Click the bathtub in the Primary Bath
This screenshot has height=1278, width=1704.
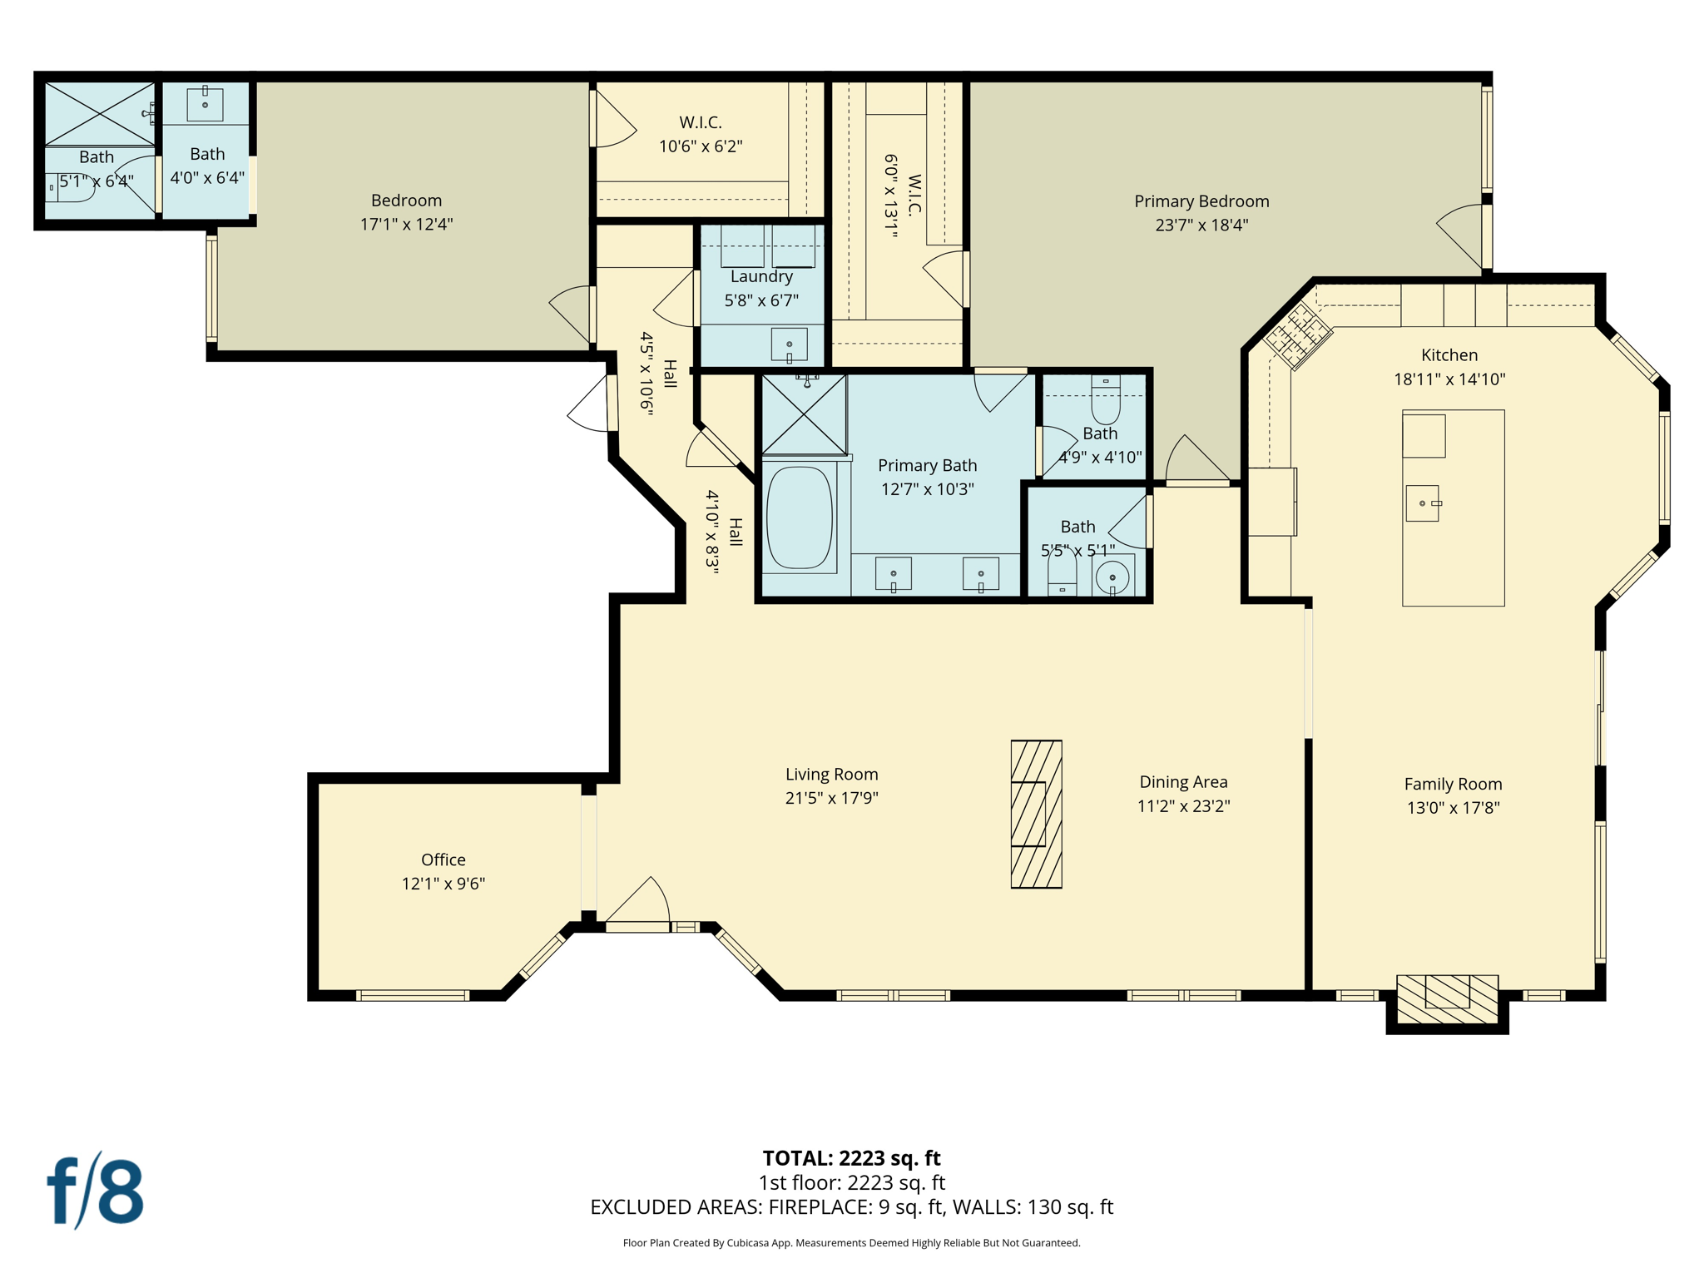799,518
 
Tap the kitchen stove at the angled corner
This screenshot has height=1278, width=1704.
1297,336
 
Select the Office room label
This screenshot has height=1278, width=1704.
443,859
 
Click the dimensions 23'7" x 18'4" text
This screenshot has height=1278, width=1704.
1201,225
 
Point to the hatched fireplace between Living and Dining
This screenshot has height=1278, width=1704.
1036,814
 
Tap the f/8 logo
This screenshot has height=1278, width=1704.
95,1191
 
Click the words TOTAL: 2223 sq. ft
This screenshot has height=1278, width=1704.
851,1157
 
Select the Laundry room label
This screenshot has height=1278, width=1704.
761,276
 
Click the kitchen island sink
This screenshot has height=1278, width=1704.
1422,503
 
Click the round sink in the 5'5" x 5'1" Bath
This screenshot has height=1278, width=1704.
1112,577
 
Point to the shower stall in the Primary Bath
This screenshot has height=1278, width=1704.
805,414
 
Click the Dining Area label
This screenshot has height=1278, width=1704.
1183,781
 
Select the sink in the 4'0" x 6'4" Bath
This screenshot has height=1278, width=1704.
205,105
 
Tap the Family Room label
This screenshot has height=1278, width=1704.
1453,784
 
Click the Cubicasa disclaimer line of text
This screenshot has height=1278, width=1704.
851,1243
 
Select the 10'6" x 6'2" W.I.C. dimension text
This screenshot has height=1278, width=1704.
701,146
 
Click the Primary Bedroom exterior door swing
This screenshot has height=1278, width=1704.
1463,236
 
